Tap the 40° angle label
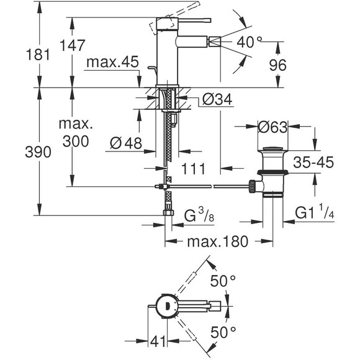click(x=250, y=43)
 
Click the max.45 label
click(x=112, y=62)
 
